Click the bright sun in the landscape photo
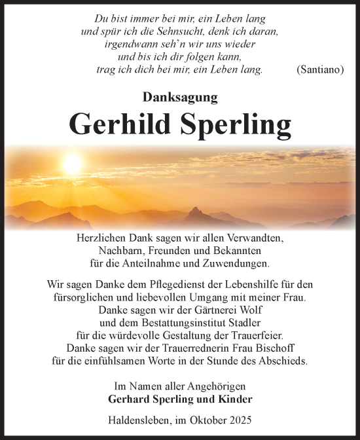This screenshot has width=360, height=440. (72, 163)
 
